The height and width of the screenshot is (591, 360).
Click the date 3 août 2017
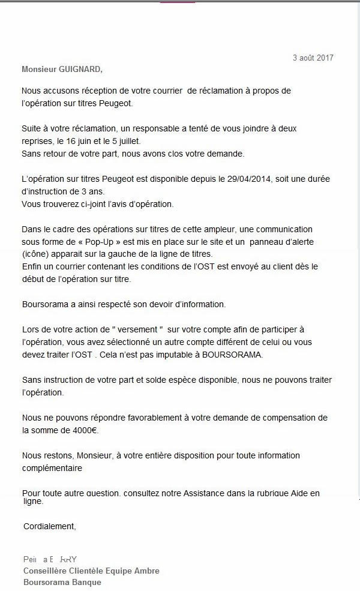(313, 58)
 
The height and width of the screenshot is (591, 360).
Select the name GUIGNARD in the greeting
(80, 69)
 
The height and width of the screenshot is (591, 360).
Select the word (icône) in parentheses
(35, 253)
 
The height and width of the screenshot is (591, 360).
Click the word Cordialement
(50, 526)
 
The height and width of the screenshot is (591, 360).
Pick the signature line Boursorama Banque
(62, 582)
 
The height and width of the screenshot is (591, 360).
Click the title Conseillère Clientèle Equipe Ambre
(91, 571)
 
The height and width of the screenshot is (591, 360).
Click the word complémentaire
(52, 467)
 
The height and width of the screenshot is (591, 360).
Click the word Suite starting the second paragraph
(31, 129)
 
